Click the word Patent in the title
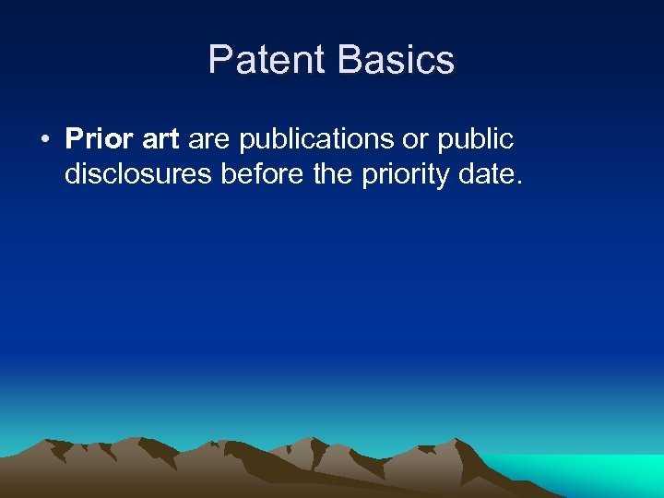pos(267,60)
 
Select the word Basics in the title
pos(396,60)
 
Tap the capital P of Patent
pos(219,60)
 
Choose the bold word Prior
pos(99,139)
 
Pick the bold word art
pos(160,139)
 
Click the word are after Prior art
pos(209,139)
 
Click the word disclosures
pos(139,172)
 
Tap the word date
pos(489,172)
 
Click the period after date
pos(520,180)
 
